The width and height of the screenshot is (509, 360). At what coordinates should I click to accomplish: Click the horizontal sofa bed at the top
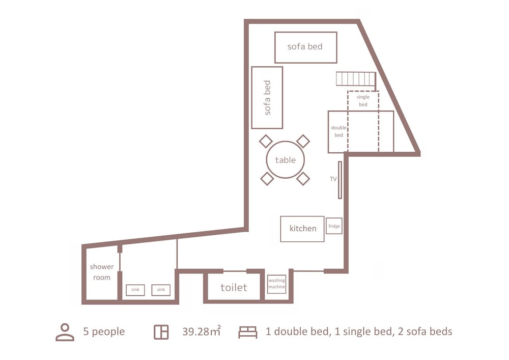[x=305, y=47]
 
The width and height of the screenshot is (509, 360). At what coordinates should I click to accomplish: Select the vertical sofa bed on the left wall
[x=267, y=98]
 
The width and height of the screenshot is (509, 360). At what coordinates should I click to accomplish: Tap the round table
[x=286, y=160]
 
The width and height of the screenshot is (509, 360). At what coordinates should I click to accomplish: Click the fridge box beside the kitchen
[x=334, y=226]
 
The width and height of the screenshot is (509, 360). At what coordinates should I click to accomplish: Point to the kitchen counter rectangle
[x=302, y=229]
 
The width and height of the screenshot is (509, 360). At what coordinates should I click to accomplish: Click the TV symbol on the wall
[x=340, y=180]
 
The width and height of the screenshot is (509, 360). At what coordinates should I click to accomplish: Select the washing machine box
[x=276, y=284]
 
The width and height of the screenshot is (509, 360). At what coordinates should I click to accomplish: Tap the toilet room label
[x=234, y=287]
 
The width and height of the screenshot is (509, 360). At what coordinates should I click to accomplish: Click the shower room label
[x=102, y=272]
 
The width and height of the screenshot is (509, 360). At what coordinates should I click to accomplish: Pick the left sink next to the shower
[x=135, y=290]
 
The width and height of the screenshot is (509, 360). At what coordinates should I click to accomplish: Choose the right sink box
[x=161, y=290]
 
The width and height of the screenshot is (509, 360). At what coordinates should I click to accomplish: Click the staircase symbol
[x=355, y=79]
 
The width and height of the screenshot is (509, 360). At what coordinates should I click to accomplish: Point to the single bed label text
[x=363, y=101]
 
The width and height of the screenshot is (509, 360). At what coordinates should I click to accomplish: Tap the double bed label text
[x=338, y=131]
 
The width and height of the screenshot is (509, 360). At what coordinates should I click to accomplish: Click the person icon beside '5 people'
[x=65, y=332]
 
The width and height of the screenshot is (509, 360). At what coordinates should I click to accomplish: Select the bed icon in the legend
[x=248, y=332]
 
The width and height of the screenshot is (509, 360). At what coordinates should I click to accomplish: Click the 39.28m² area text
[x=201, y=331]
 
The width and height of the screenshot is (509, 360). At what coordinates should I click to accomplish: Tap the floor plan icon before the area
[x=161, y=332]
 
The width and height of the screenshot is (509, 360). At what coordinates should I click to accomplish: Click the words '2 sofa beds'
[x=425, y=331]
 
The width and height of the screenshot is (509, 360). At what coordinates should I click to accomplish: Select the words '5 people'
[x=104, y=332]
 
